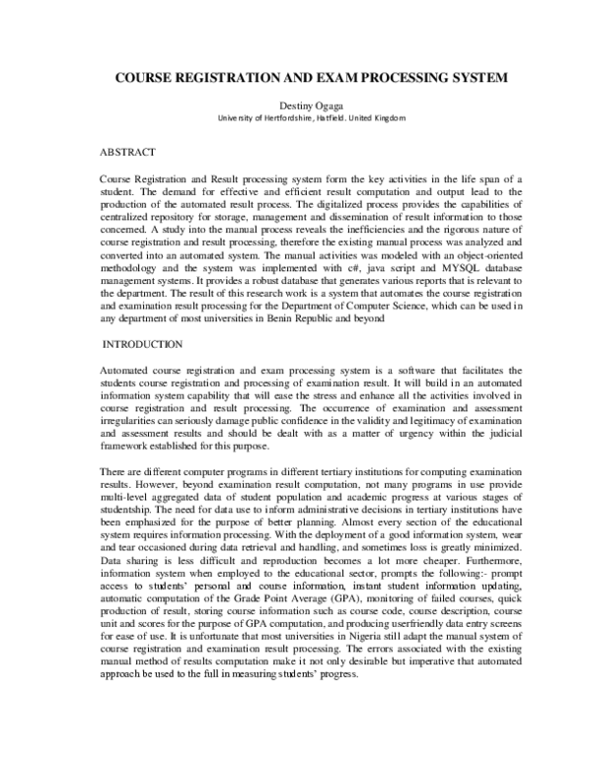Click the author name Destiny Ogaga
click(x=296, y=104)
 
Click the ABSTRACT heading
click(x=129, y=155)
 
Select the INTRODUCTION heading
click(x=143, y=344)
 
